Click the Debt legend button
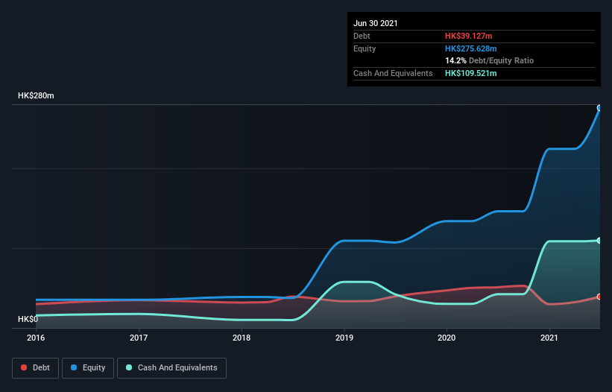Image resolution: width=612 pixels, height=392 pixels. pyautogui.click(x=35, y=367)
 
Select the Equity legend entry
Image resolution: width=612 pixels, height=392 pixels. pyautogui.click(x=87, y=367)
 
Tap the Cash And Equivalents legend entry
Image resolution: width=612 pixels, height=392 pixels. pyautogui.click(x=171, y=367)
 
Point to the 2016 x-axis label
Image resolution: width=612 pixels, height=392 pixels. pyautogui.click(x=36, y=338)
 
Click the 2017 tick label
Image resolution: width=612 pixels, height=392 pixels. pyautogui.click(x=139, y=338)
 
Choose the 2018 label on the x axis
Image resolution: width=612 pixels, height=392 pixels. pyautogui.click(x=242, y=338)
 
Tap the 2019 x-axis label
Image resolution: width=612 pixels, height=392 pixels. pyautogui.click(x=344, y=338)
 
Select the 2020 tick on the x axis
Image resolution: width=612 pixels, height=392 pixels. pyautogui.click(x=447, y=338)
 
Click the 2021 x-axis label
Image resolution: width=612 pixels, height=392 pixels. pyautogui.click(x=549, y=338)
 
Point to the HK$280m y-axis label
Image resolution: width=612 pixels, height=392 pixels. pyautogui.click(x=36, y=96)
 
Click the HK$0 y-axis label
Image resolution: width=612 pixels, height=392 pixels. pyautogui.click(x=28, y=319)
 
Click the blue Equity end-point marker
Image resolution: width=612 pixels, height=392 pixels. pyautogui.click(x=599, y=108)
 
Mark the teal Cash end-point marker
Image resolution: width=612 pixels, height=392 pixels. pyautogui.click(x=599, y=240)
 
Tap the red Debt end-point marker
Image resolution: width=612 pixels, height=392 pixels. pyautogui.click(x=599, y=297)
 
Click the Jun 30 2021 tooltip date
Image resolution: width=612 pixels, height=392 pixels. pyautogui.click(x=376, y=23)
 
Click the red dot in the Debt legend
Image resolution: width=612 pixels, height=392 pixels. pyautogui.click(x=25, y=367)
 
